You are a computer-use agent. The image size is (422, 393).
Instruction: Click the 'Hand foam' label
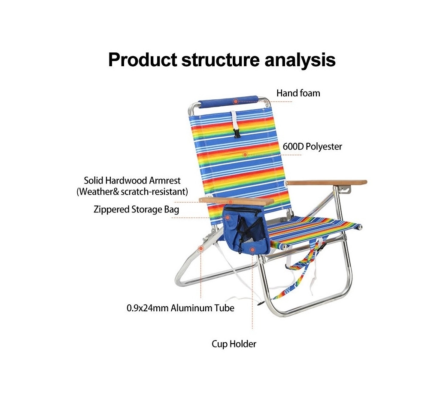pyautogui.click(x=298, y=93)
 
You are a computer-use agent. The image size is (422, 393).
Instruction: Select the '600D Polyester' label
pyautogui.click(x=312, y=147)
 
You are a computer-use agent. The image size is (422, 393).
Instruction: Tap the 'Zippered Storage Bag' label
pyautogui.click(x=136, y=209)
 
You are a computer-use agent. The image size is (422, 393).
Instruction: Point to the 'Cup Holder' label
pyautogui.click(x=234, y=344)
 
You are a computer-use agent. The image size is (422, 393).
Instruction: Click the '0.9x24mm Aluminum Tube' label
pyautogui.click(x=180, y=308)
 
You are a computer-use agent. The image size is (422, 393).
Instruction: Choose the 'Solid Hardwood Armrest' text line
pyautogui.click(x=132, y=180)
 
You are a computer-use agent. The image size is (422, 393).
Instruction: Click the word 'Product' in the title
pyautogui.click(x=143, y=60)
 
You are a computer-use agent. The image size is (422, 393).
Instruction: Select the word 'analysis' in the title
pyautogui.click(x=300, y=60)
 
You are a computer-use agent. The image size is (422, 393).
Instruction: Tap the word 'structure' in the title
pyautogui.click(x=220, y=60)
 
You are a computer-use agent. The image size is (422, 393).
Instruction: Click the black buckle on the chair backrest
pyautogui.click(x=237, y=133)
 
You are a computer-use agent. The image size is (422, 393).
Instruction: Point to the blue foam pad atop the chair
pyautogui.click(x=228, y=101)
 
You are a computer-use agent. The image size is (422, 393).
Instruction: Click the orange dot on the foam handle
pyautogui.click(x=236, y=101)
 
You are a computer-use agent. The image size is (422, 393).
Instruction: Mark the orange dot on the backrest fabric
pyautogui.click(x=245, y=155)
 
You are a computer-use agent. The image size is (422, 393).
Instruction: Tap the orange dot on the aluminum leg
pyautogui.click(x=201, y=249)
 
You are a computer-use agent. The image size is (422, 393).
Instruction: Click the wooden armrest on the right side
pyautogui.click(x=326, y=183)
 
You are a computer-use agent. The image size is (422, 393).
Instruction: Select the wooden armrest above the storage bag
pyautogui.click(x=236, y=201)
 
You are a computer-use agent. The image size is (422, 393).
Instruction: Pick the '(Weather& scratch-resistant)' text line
pyautogui.click(x=132, y=192)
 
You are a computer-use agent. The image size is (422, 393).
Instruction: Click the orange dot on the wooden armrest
pyautogui.click(x=230, y=202)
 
